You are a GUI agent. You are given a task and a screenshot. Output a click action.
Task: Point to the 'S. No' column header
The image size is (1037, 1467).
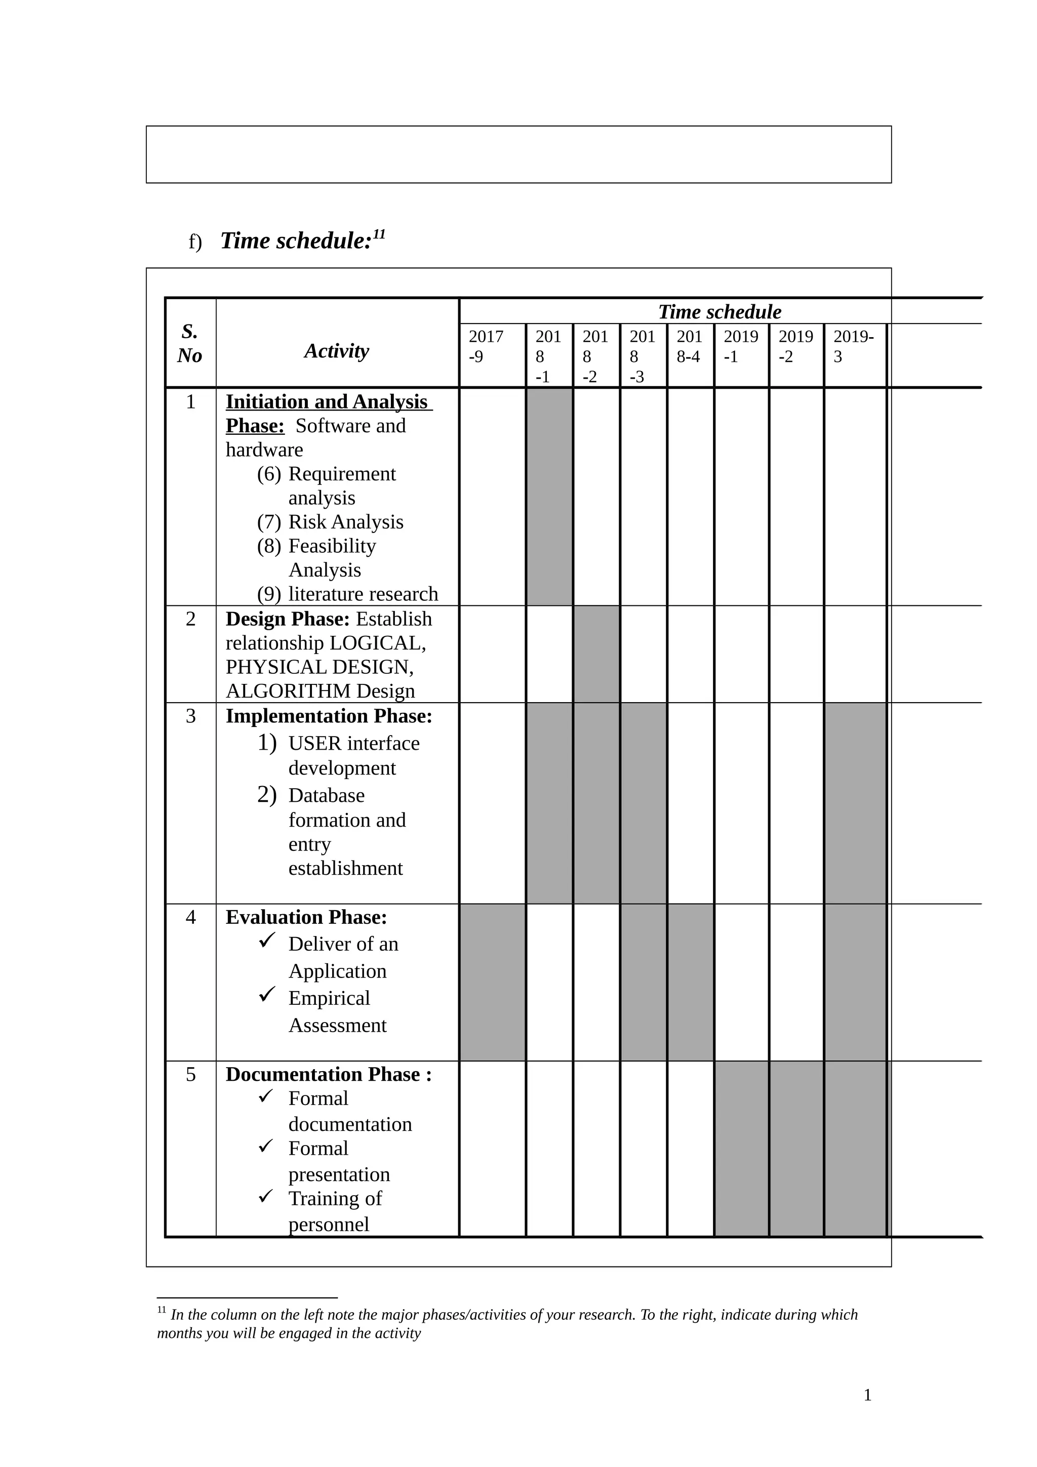190,343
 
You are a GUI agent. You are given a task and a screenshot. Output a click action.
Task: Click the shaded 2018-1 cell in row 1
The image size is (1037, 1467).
549,497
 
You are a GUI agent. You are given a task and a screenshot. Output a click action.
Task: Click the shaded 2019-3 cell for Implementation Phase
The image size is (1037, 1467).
855,803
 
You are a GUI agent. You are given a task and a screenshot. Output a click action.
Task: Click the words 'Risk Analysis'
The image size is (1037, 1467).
346,522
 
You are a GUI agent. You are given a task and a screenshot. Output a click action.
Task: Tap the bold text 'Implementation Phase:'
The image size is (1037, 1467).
329,716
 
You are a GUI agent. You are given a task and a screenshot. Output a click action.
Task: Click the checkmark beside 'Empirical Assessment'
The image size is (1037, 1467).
266,994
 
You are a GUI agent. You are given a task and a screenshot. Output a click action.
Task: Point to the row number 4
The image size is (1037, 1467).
190,918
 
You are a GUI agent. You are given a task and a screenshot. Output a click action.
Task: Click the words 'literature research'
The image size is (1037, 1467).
363,594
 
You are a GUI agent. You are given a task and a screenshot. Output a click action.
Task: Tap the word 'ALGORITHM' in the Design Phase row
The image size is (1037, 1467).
288,691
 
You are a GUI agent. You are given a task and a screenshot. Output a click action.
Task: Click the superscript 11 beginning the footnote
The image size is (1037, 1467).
162,1311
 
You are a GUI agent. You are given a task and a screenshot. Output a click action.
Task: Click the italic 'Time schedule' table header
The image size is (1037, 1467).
720,312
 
